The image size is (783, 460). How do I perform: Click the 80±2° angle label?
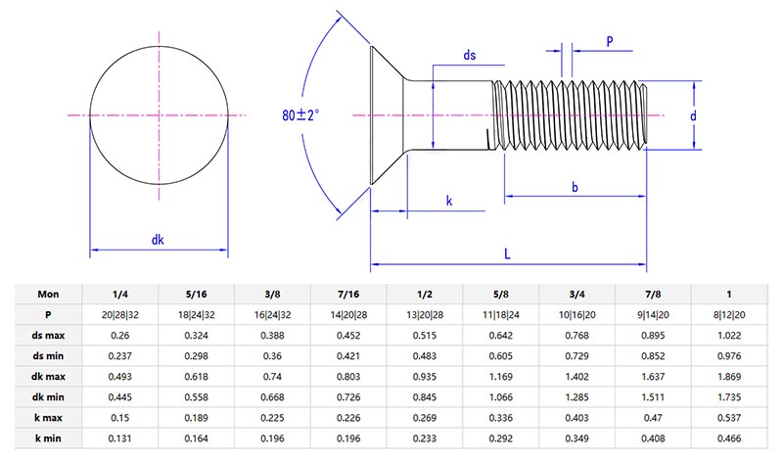[x=300, y=115]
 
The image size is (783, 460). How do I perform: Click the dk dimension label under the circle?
[x=158, y=239]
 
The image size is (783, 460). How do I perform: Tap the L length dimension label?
[x=507, y=253]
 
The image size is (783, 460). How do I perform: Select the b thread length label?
[x=575, y=186]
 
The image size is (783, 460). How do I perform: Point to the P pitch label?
[x=610, y=41]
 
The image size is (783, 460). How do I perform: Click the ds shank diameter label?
[x=470, y=56]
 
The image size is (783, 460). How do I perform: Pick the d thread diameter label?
[x=693, y=115]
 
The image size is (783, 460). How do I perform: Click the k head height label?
[x=448, y=201]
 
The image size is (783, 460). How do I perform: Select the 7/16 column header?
[x=349, y=293]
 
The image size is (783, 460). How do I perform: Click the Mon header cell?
[x=48, y=293]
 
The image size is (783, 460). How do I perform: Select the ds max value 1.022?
[x=729, y=336]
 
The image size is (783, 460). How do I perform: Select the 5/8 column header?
[x=501, y=293]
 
